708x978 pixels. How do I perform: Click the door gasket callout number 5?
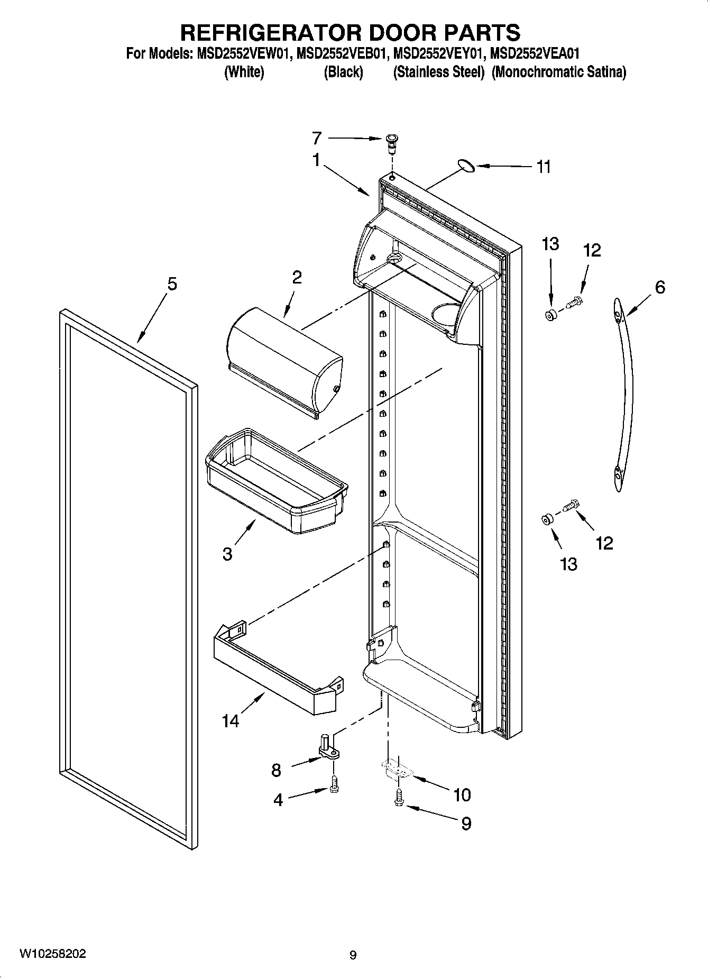[x=172, y=284]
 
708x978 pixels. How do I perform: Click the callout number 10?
[x=462, y=794]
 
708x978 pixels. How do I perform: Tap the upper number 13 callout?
[x=550, y=244]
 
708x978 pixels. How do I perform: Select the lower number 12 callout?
[x=604, y=543]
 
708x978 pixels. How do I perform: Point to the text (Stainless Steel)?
[x=438, y=72]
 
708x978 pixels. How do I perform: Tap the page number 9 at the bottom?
[x=353, y=955]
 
